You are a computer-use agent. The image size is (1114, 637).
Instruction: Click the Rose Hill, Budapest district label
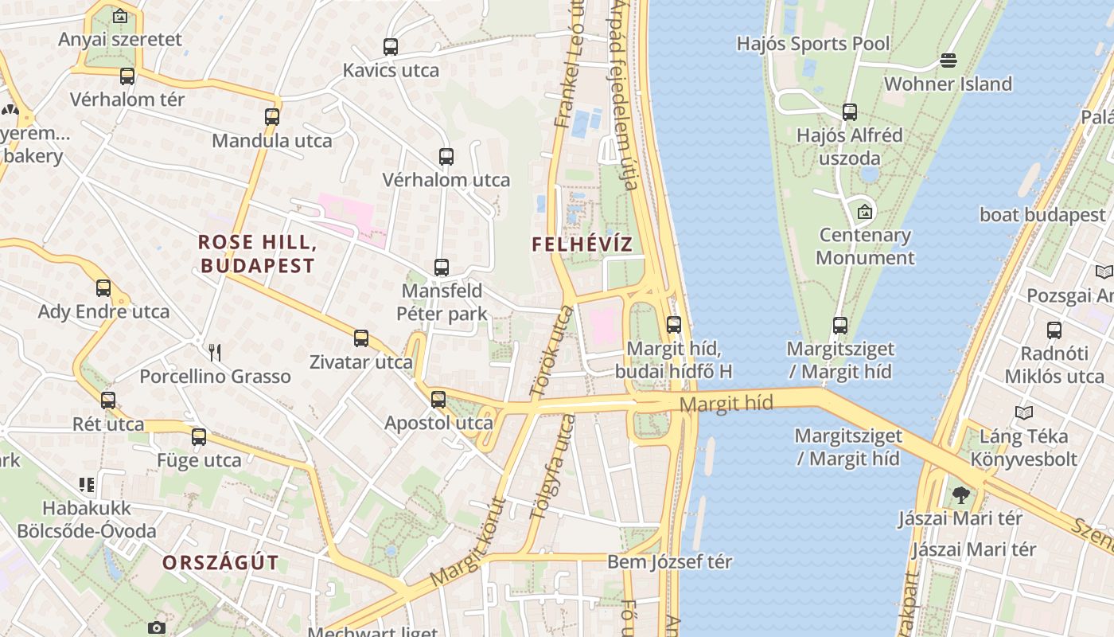[257, 253]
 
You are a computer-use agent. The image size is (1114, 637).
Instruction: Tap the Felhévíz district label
[582, 244]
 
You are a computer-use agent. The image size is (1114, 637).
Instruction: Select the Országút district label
[221, 562]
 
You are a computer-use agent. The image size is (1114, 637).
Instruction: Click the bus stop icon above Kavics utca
[390, 47]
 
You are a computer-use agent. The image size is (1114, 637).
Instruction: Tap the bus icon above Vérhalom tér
[127, 76]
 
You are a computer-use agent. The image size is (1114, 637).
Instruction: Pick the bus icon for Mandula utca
[272, 117]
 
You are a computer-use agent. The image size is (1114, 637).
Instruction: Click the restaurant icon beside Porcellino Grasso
[213, 352]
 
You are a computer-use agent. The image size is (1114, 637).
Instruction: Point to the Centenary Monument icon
[865, 212]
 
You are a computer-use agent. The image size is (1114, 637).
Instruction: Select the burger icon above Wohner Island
[948, 61]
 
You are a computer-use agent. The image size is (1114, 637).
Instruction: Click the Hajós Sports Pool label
[813, 43]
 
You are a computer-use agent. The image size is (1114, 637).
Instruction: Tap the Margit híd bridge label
[726, 404]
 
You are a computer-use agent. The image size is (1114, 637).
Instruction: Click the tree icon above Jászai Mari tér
[960, 495]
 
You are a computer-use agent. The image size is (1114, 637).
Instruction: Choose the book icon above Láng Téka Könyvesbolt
[1024, 412]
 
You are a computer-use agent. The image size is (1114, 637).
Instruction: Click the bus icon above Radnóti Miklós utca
[1054, 330]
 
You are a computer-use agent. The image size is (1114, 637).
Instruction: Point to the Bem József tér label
[669, 561]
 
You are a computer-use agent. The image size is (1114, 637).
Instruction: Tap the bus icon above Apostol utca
[438, 400]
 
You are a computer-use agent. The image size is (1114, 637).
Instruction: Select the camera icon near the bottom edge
[157, 627]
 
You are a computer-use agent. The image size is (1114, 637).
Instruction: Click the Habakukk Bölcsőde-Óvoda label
[88, 519]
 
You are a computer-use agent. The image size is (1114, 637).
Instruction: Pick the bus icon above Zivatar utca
[361, 338]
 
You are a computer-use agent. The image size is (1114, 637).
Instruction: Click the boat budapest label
[1042, 215]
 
